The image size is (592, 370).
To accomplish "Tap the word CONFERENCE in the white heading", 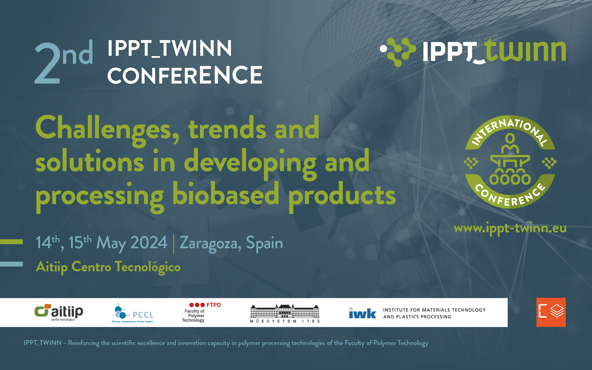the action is pyautogui.click(x=185, y=75).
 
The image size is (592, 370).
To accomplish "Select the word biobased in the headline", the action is pyautogui.click(x=225, y=195).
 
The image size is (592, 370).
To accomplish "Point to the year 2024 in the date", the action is pyautogui.click(x=149, y=243).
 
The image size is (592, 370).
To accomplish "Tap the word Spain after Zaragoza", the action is pyautogui.click(x=264, y=244).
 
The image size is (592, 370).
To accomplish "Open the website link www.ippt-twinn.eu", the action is pyautogui.click(x=510, y=228).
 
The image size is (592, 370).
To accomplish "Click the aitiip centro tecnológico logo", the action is pyautogui.click(x=59, y=312).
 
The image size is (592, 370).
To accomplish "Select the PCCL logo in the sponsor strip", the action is pyautogui.click(x=132, y=313).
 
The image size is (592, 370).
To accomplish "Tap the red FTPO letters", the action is pyautogui.click(x=213, y=305).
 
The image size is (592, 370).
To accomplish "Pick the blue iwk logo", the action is pyautogui.click(x=362, y=313).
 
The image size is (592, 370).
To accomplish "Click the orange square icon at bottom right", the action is pyautogui.click(x=551, y=312).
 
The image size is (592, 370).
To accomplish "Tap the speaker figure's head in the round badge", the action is pyautogui.click(x=510, y=138).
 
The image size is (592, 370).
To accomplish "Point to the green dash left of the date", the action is pyautogui.click(x=11, y=242).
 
